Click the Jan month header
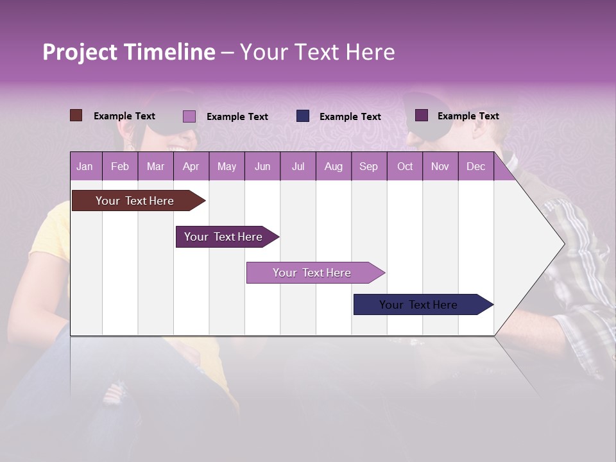coord(85,167)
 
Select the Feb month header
coord(120,167)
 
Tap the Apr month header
coord(191,167)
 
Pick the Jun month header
coord(262,167)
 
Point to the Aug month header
coord(334,167)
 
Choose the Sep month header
coord(369,167)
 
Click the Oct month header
coord(405,167)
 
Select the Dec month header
coord(476,167)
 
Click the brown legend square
coord(76,116)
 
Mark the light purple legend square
coord(189,116)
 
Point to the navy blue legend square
coord(303,116)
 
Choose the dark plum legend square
coord(422,116)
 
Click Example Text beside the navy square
coord(350,117)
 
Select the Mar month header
coord(155,167)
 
